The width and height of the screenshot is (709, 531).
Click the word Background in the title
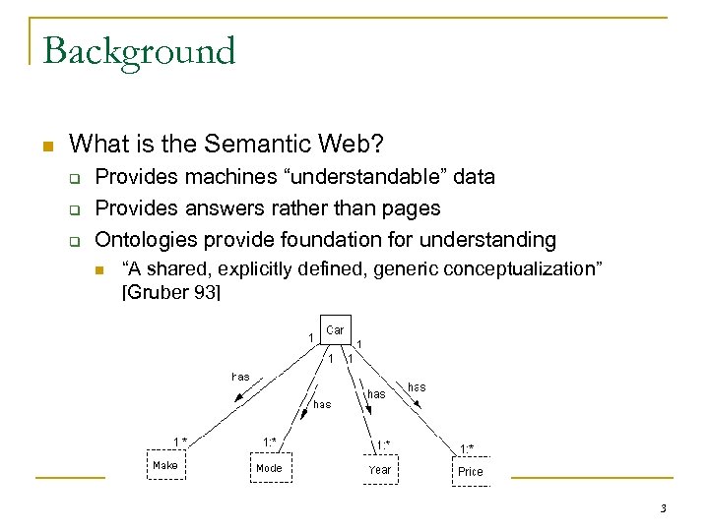[140, 51]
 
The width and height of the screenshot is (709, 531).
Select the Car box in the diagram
[335, 330]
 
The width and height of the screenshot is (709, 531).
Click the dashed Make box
[165, 465]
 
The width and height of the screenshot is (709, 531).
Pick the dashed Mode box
[269, 468]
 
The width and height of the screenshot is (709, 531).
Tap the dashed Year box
[380, 470]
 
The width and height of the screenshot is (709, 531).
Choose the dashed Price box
[471, 471]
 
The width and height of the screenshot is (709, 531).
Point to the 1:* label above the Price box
[467, 448]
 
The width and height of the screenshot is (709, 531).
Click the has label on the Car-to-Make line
[240, 377]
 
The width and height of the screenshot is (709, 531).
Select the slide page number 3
[663, 508]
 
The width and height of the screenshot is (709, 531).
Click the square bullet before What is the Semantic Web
[46, 146]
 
